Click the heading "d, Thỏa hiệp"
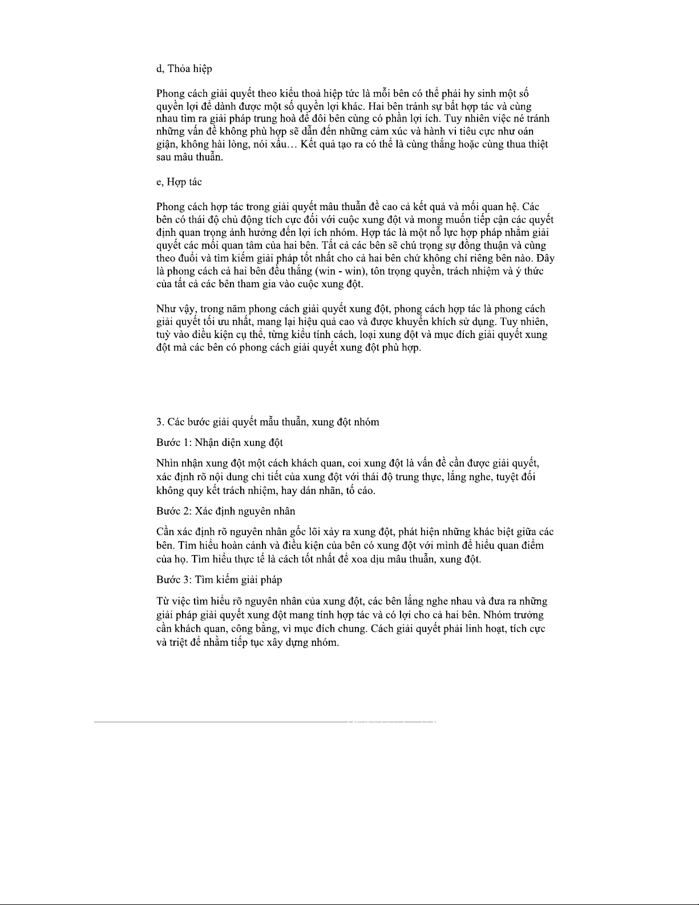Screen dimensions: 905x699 click(184, 69)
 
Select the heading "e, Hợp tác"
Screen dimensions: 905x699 click(179, 182)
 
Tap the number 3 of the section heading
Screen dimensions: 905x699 click(159, 422)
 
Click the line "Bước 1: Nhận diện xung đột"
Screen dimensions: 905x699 click(219, 443)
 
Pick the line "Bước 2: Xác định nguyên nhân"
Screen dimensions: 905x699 click(225, 510)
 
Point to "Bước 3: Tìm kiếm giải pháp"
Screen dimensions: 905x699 click(219, 580)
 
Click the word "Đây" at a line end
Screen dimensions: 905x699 click(545, 258)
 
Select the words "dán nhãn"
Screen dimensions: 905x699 click(321, 490)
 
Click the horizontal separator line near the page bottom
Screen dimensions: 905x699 click(265, 722)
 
